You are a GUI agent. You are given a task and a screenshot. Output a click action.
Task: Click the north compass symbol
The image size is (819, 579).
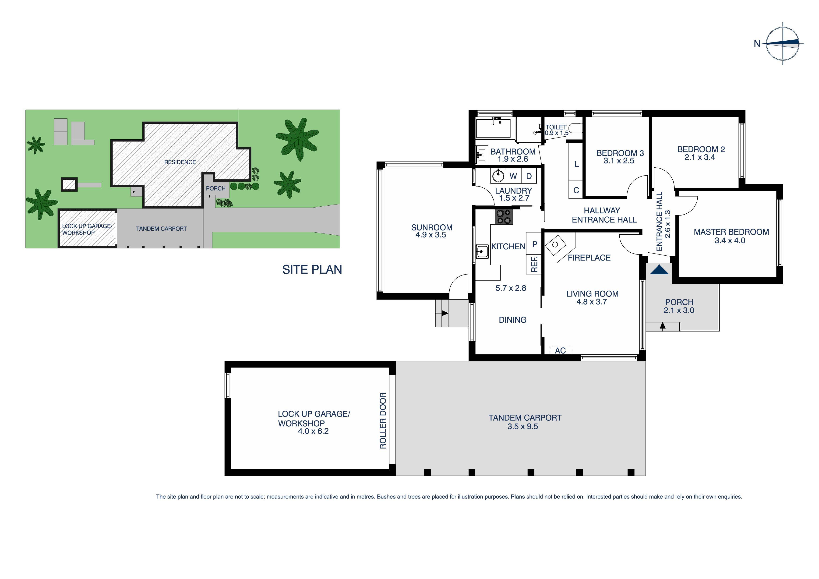pyautogui.click(x=783, y=43)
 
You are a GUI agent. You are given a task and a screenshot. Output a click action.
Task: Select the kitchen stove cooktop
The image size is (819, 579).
pyautogui.click(x=503, y=217)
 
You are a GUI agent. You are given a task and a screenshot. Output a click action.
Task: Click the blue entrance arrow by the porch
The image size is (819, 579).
pyautogui.click(x=659, y=270)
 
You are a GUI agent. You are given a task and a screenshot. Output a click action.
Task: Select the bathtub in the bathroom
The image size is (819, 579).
pyautogui.click(x=494, y=128)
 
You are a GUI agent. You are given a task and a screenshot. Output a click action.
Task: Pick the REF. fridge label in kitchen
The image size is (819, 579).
pyautogui.click(x=534, y=264)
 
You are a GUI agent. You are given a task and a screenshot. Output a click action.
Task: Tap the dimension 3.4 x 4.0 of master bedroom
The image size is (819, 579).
pyautogui.click(x=730, y=241)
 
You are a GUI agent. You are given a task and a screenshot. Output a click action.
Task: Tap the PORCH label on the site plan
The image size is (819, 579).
pyautogui.click(x=215, y=188)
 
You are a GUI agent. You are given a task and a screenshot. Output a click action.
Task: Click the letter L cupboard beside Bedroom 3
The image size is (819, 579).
pyautogui.click(x=576, y=164)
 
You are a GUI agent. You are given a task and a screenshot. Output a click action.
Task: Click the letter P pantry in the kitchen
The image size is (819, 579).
pyautogui.click(x=534, y=244)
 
